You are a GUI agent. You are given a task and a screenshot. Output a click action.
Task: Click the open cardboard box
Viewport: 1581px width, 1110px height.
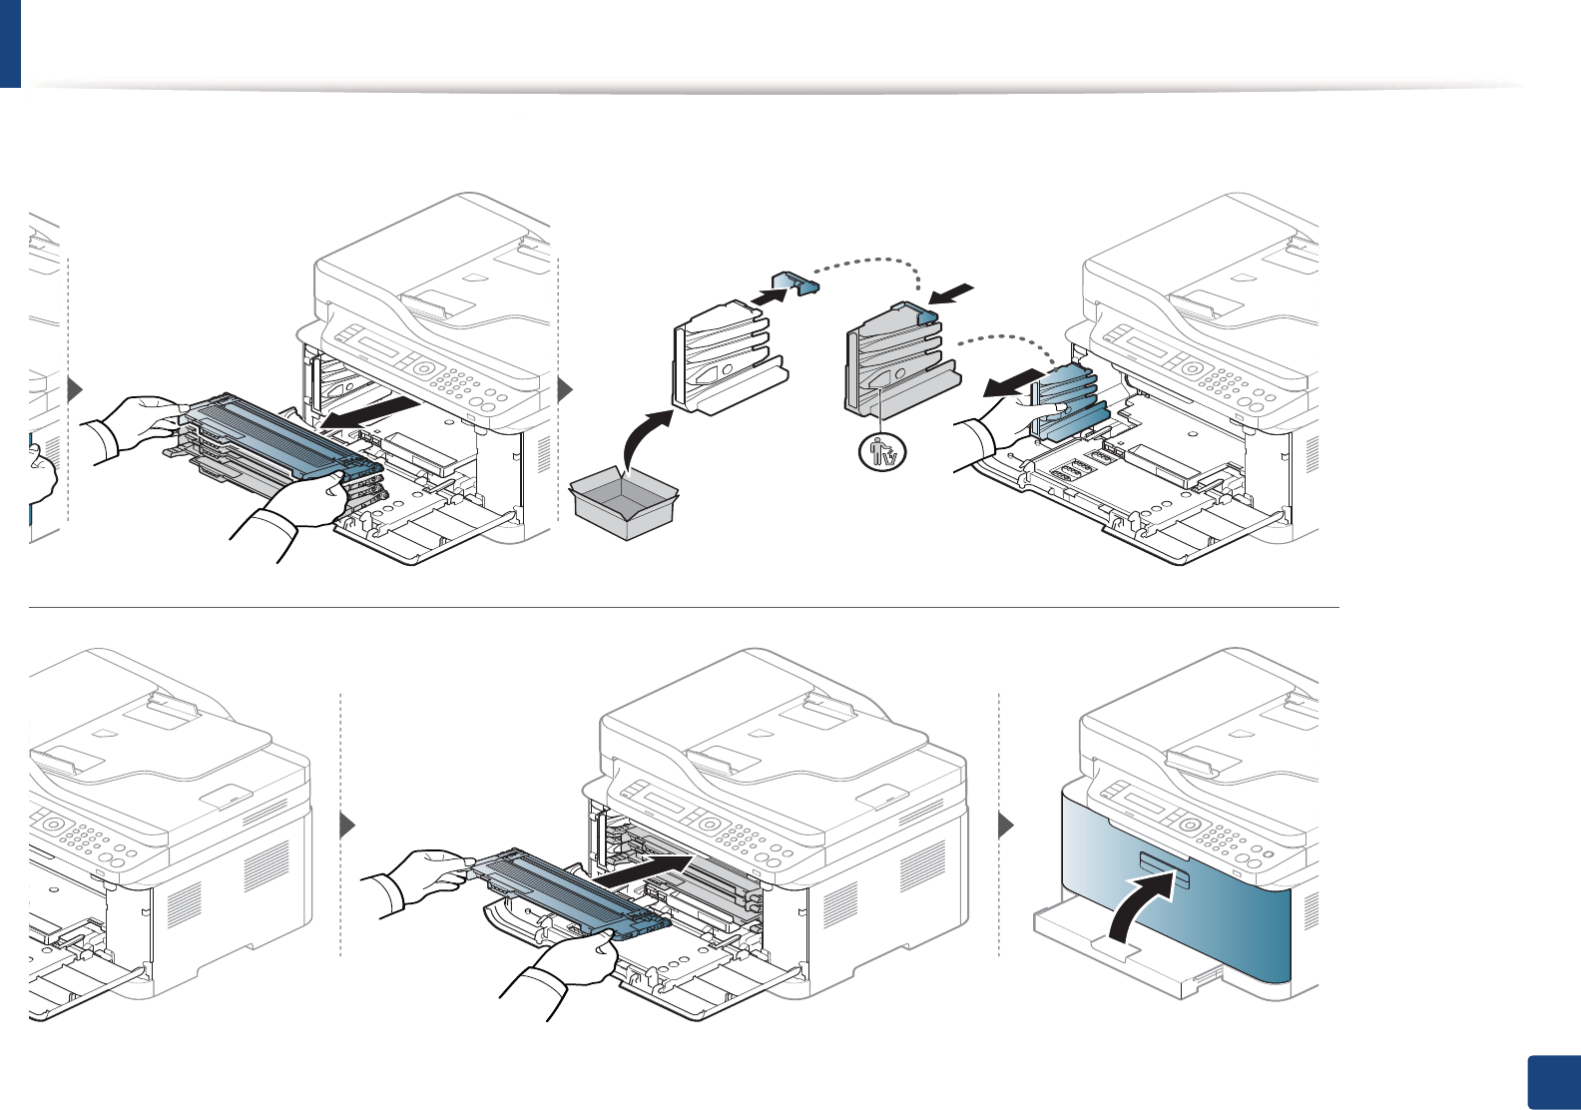624,505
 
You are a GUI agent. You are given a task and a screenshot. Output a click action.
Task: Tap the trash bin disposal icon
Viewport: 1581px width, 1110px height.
882,453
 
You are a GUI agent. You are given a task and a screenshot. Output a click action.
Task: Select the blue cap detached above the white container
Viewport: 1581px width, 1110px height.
796,284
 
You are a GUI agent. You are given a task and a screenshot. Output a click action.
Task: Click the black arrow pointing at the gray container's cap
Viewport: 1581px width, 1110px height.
951,292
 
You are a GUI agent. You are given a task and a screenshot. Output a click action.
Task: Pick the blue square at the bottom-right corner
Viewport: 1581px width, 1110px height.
1553,1082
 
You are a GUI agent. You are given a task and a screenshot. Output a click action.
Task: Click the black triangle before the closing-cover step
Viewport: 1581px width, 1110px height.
1007,826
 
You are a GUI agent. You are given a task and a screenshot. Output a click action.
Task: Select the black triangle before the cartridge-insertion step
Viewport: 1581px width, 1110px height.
347,826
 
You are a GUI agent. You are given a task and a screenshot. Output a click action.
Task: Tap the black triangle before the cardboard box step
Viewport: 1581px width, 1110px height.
565,389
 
